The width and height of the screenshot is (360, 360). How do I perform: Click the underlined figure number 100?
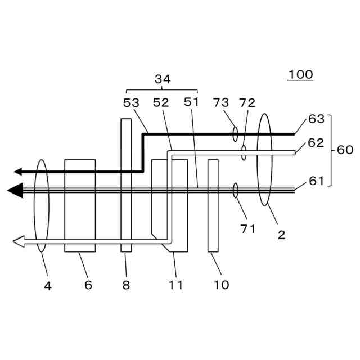click(300, 75)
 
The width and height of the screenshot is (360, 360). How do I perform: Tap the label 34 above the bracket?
click(163, 80)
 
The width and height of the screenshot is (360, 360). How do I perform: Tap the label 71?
click(247, 228)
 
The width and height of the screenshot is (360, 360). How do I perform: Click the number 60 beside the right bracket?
click(345, 150)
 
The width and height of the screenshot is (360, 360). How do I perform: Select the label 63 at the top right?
click(316, 119)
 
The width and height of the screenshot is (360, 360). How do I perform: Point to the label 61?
click(316, 181)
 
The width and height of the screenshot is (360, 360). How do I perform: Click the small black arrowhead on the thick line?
click(19, 171)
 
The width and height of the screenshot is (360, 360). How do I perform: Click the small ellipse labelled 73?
click(235, 134)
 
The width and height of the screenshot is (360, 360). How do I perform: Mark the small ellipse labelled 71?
click(235, 191)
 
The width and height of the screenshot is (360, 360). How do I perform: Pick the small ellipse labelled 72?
click(244, 152)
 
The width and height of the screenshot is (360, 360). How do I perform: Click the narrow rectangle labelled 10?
click(213, 205)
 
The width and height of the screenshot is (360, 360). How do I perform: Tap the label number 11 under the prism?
click(175, 285)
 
